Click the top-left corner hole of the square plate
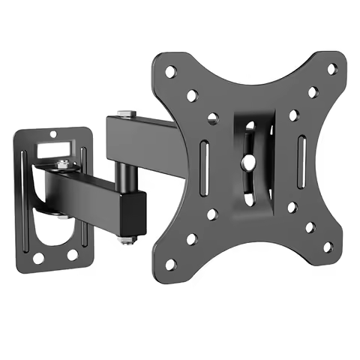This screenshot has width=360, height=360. [171, 71]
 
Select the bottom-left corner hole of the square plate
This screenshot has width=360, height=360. [171, 263]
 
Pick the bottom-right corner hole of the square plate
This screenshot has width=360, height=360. [327, 245]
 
